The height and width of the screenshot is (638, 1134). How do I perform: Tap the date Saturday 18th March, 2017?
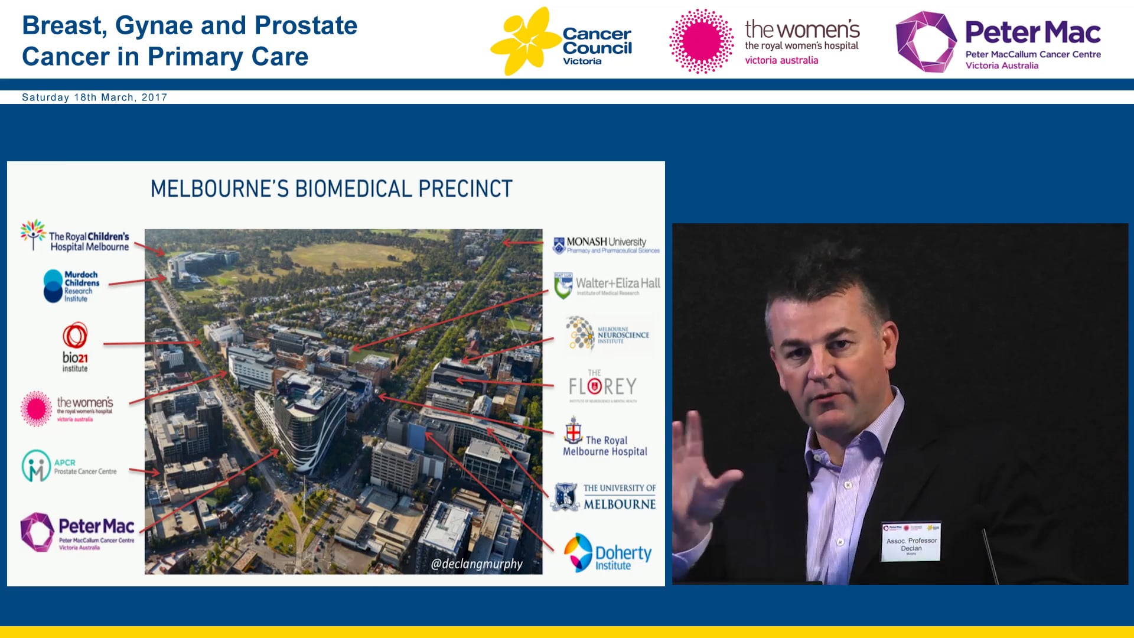coord(94,97)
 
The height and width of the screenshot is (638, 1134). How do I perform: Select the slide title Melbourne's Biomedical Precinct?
coord(331,189)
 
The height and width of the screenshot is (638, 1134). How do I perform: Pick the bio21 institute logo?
coord(75,347)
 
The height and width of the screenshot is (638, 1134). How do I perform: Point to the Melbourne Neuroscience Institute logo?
coord(608,334)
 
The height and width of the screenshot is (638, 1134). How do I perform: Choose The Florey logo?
coord(603,385)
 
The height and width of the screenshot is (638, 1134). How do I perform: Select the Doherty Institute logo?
coord(608,553)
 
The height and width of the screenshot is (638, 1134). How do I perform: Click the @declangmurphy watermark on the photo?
coord(477,564)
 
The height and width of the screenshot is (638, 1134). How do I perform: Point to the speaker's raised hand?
coord(703,473)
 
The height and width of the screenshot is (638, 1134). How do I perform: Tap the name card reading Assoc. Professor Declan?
coord(911,541)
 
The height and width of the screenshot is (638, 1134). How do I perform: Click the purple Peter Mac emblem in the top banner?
coord(926,41)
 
